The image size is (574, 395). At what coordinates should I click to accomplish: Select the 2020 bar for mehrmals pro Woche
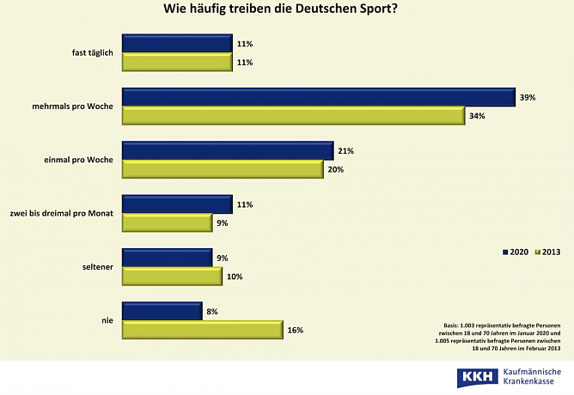(x=318, y=97)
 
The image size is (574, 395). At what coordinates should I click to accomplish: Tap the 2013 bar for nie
(x=203, y=329)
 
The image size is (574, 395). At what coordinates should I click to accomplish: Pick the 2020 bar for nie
(x=162, y=311)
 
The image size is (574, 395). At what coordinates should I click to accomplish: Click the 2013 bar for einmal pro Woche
(x=223, y=169)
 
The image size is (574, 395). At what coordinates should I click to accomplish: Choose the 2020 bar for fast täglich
(x=177, y=44)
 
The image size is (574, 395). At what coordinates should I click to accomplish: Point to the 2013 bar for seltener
(x=172, y=276)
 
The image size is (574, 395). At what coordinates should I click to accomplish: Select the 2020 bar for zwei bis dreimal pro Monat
(x=177, y=204)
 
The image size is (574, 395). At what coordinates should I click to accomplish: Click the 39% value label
(x=527, y=98)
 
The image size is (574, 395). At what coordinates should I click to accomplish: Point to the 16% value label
(x=296, y=330)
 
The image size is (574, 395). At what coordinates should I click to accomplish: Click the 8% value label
(x=212, y=311)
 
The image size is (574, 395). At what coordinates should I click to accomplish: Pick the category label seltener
(x=99, y=267)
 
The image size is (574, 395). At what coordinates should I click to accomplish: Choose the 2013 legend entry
(x=549, y=252)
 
